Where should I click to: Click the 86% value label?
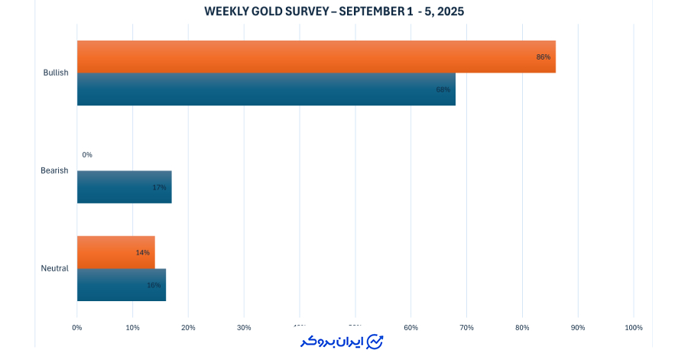point(544,57)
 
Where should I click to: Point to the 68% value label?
point(443,89)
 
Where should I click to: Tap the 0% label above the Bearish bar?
point(87,154)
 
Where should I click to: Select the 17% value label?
point(159,187)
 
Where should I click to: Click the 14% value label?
point(142,252)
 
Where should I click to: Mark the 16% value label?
point(154,285)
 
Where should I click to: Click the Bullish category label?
point(56,73)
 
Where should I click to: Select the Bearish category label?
point(54,170)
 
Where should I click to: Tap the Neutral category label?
point(55,268)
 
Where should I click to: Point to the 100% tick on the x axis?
point(634,328)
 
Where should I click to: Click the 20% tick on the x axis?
point(188,328)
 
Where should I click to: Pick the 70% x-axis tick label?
point(466,328)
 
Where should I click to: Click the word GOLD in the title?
point(267,11)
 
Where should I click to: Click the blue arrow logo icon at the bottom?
point(375,342)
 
